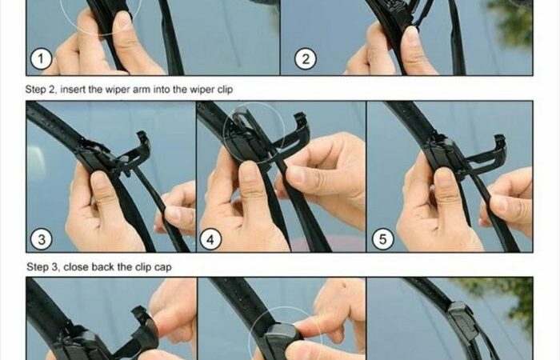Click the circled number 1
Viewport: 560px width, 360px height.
pyautogui.click(x=41, y=58)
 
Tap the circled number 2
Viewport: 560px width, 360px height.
pyautogui.click(x=306, y=58)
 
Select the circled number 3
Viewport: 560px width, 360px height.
pyautogui.click(x=42, y=239)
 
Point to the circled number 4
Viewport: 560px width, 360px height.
pyautogui.click(x=210, y=239)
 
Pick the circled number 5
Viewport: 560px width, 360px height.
pyautogui.click(x=383, y=239)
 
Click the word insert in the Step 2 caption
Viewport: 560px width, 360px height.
pyautogui.click(x=73, y=90)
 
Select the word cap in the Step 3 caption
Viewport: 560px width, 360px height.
pyautogui.click(x=163, y=267)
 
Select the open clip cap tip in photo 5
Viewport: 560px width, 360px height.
pyautogui.click(x=500, y=139)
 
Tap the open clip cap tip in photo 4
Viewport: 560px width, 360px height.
pyautogui.click(x=300, y=118)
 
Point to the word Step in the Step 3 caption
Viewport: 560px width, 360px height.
pyautogui.click(x=40, y=267)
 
